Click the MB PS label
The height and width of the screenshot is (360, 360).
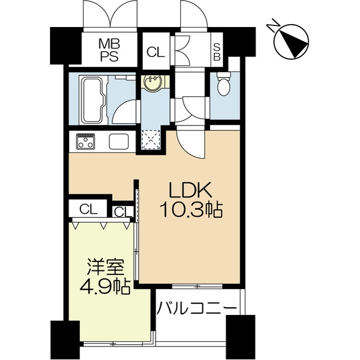[109, 50]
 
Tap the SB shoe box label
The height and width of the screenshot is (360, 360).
[217, 52]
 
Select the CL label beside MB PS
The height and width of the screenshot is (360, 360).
[156, 52]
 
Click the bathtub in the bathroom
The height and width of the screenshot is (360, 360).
[93, 100]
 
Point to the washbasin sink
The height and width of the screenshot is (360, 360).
[153, 82]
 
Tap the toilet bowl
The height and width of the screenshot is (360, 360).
[224, 84]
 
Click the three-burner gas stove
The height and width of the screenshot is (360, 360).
[85, 141]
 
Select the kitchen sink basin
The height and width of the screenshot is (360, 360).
[119, 141]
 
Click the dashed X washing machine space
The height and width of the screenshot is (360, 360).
[151, 139]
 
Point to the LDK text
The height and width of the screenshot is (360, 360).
[190, 190]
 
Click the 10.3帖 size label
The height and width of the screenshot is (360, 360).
[192, 210]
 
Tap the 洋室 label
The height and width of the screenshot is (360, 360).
[105, 267]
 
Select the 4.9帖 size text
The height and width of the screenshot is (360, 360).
[105, 286]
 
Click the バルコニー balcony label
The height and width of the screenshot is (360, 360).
[196, 308]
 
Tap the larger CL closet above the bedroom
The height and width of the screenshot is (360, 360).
[89, 209]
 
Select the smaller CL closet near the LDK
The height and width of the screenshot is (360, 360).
[123, 211]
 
